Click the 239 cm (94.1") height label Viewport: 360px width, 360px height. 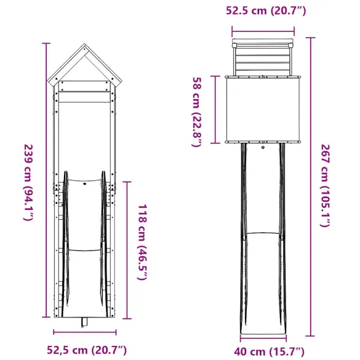28,183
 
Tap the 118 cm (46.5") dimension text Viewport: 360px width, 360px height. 141,242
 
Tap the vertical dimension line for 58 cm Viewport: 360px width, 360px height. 214,110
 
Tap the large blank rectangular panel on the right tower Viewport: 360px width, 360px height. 263,110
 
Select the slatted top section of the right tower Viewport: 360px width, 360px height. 263,59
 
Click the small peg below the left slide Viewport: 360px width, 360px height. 84,322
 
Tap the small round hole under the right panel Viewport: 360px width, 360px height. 263,148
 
